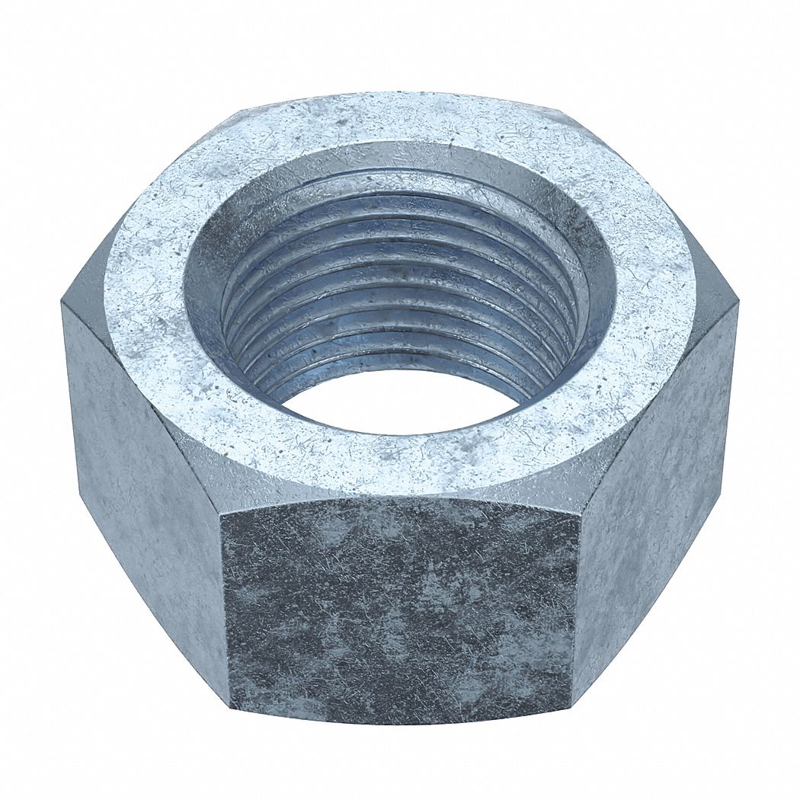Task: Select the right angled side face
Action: point(655,488)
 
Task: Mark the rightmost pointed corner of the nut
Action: point(738,305)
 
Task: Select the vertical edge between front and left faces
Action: point(226,610)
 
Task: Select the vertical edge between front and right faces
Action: point(574,610)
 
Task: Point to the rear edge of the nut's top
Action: point(396,95)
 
